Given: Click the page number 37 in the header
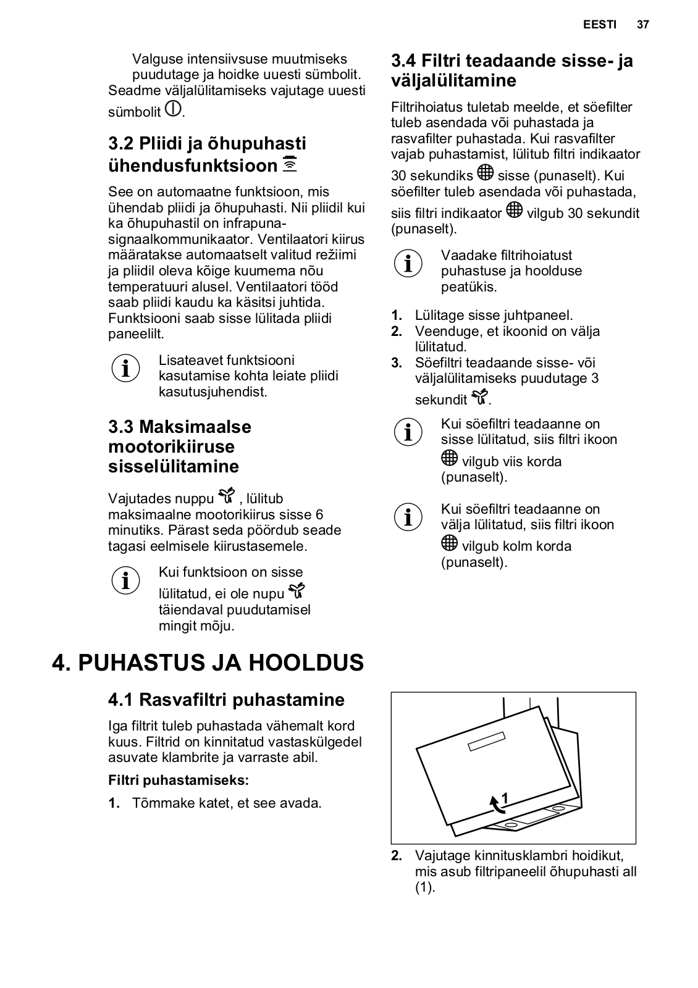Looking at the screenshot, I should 643,25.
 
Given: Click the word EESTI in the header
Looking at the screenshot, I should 599,25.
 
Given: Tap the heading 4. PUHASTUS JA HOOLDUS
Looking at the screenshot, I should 208,663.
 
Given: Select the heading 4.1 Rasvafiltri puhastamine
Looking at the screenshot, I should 226,700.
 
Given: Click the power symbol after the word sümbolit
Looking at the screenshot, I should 173,109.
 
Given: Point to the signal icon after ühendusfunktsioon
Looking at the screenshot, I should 290,164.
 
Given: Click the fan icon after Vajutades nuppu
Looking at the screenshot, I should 227,496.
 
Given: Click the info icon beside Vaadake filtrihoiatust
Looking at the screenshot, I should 408,263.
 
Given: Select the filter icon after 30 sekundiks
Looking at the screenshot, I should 486,172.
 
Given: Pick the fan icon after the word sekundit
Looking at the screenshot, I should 479,397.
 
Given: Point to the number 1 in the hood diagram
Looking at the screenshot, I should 505,798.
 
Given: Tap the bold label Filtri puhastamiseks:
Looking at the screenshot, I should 179,780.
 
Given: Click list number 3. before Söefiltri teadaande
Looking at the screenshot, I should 397,362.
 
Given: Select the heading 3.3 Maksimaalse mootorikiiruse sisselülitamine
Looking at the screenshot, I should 180,446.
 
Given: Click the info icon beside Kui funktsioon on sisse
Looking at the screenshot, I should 125,580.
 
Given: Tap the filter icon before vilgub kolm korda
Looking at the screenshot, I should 450,543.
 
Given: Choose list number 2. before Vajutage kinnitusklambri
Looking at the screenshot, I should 397,856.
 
